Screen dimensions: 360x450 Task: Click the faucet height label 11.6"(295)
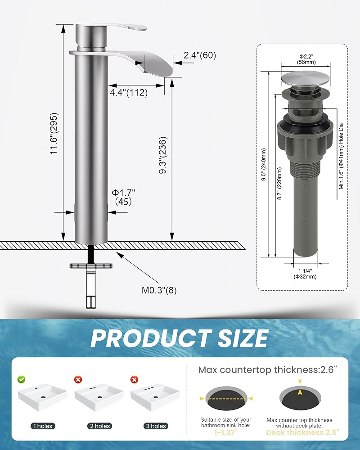[x=54, y=134]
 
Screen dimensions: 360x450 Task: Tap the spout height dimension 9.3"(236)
[x=163, y=155]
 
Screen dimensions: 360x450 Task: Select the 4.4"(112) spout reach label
[x=129, y=92]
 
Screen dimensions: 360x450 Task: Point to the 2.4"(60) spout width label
[x=200, y=55]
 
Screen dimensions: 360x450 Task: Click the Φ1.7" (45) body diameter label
[x=123, y=197]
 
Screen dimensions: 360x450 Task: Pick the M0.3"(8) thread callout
[x=159, y=290]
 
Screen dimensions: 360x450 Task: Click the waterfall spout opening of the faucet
[x=157, y=64]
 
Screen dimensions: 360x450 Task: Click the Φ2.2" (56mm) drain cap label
[x=306, y=59]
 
